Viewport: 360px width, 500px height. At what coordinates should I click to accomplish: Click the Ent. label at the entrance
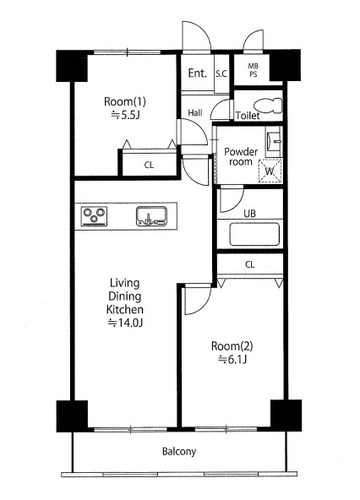[x=197, y=73]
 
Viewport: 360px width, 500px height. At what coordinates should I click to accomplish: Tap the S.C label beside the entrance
[x=221, y=74]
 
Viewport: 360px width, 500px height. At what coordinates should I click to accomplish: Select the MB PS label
[x=253, y=70]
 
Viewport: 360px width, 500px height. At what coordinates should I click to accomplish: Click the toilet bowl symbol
[x=269, y=105]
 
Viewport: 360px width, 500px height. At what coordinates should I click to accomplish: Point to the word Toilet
[x=248, y=116]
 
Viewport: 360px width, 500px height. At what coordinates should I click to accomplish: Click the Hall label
[x=195, y=113]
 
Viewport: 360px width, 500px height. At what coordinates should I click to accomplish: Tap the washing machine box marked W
[x=270, y=171]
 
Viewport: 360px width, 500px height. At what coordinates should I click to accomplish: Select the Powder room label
[x=241, y=157]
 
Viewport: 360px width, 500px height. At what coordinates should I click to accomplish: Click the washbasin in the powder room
[x=274, y=141]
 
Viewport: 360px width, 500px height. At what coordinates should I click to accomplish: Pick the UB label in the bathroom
[x=250, y=213]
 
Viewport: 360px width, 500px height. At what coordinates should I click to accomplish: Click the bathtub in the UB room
[x=254, y=234]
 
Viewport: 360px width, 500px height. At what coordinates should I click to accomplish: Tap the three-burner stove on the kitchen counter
[x=94, y=216]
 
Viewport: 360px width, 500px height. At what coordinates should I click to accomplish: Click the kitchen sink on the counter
[x=152, y=216]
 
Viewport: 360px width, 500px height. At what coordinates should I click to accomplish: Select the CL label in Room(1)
[x=149, y=165]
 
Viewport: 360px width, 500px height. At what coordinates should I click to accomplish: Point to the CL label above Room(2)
[x=250, y=265]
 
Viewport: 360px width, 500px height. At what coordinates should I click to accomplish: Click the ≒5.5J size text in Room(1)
[x=125, y=115]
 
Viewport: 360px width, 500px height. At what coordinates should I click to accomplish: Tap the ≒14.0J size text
[x=126, y=323]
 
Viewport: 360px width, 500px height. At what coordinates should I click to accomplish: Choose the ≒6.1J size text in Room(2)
[x=232, y=359]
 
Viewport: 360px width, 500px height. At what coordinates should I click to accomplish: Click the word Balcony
[x=179, y=452]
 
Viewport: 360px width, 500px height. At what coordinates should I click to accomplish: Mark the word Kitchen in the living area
[x=125, y=309]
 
